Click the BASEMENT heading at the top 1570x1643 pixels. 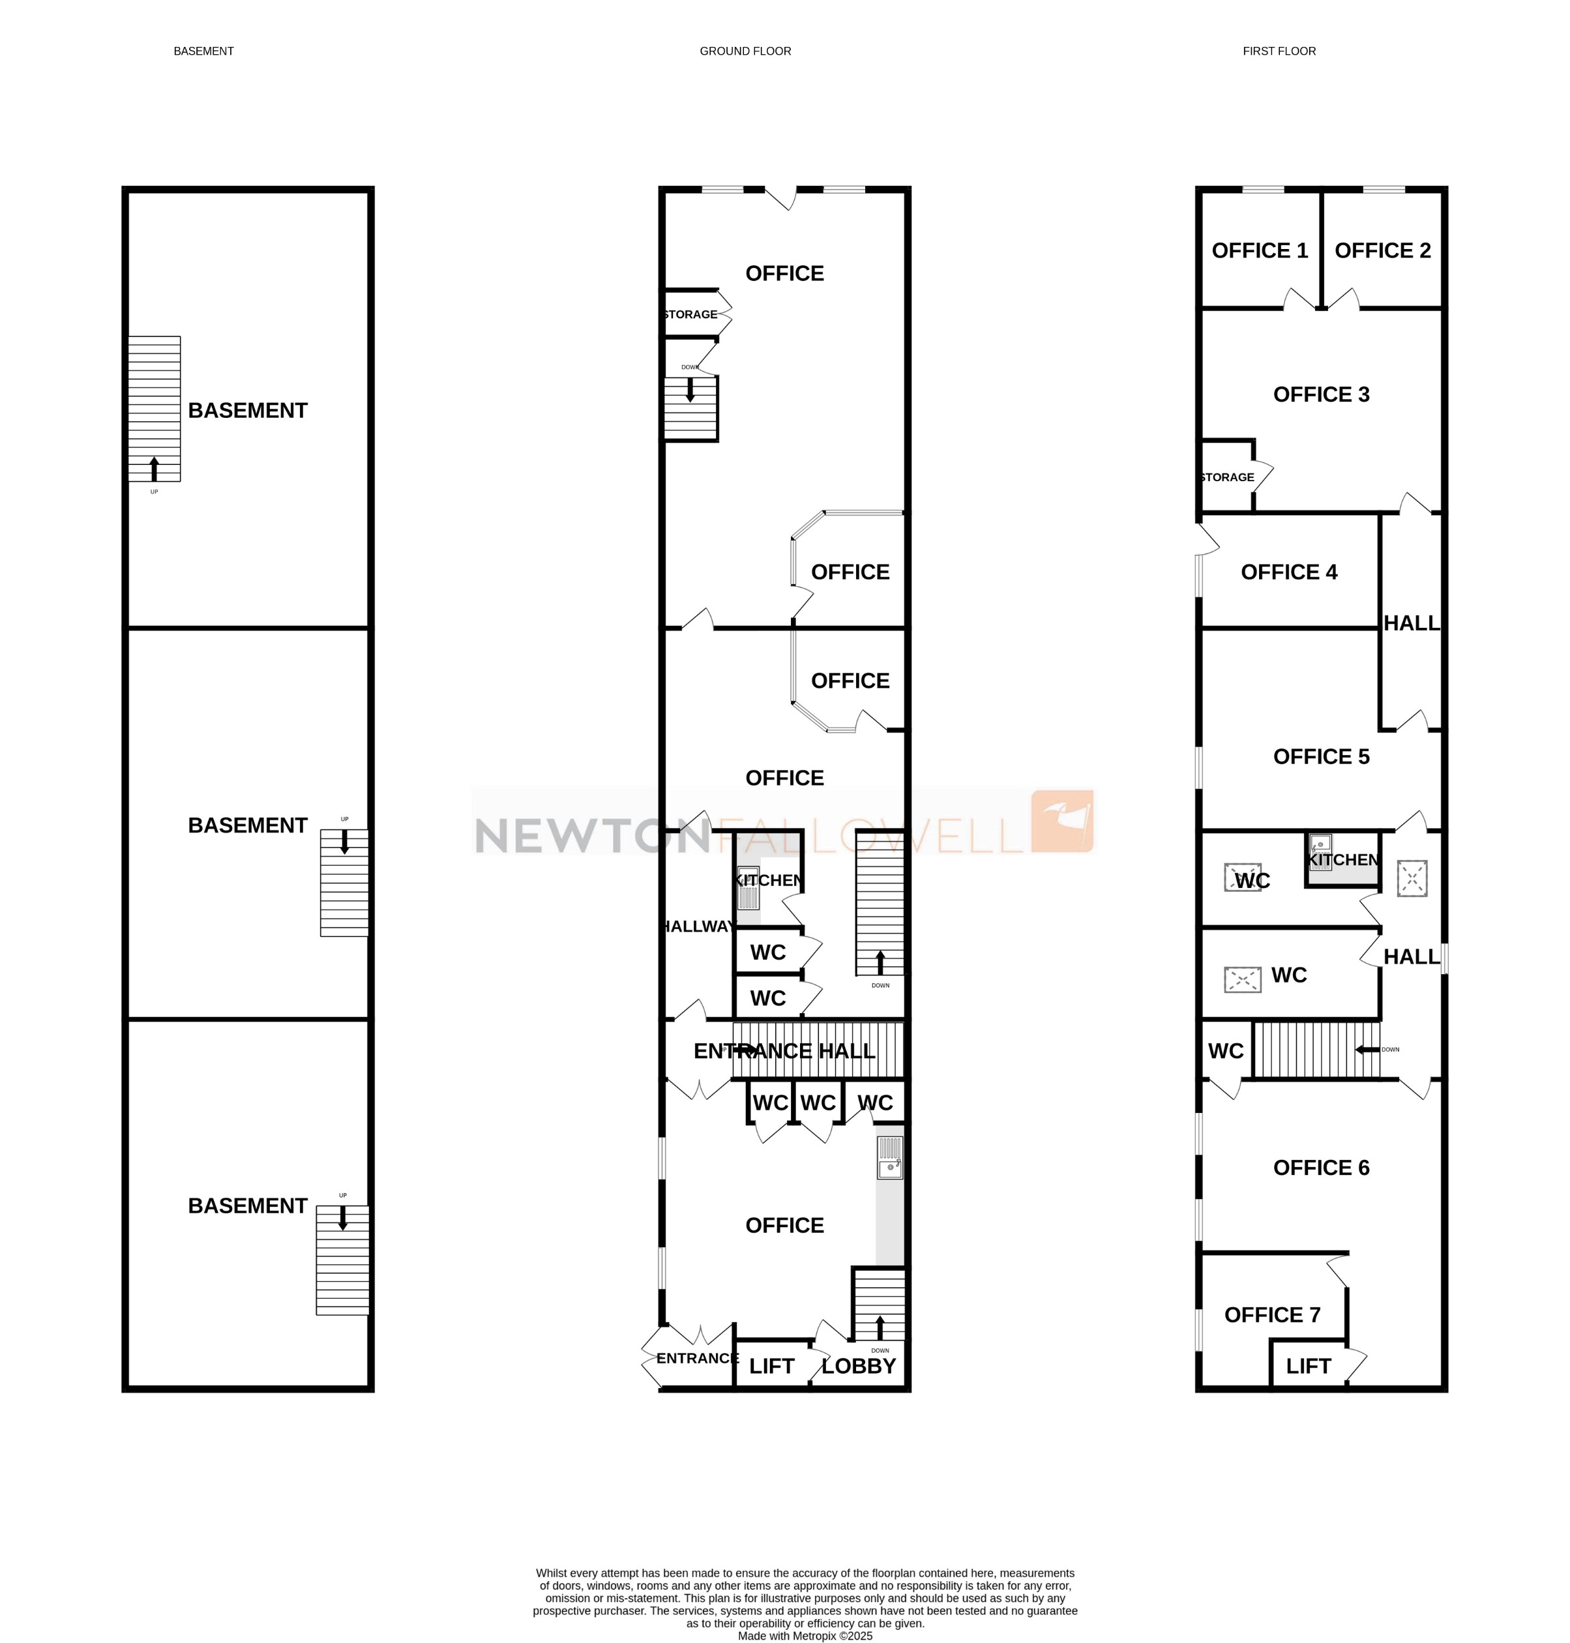[203, 51]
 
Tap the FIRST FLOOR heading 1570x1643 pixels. [1279, 51]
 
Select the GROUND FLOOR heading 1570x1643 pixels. [745, 51]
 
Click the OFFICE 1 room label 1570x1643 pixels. [1260, 250]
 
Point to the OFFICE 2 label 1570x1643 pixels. [1382, 250]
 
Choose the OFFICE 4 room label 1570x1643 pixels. [1289, 572]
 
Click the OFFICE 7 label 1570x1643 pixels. [1272, 1315]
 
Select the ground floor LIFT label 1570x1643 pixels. [771, 1367]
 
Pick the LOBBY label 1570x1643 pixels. [859, 1367]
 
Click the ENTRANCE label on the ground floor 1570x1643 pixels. [697, 1359]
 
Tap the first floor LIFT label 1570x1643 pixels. [1308, 1367]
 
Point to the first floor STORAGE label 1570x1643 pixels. [1227, 477]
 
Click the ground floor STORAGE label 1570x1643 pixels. [690, 315]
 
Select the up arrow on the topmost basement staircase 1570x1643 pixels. [154, 468]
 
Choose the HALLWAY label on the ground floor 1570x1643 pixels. [698, 926]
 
